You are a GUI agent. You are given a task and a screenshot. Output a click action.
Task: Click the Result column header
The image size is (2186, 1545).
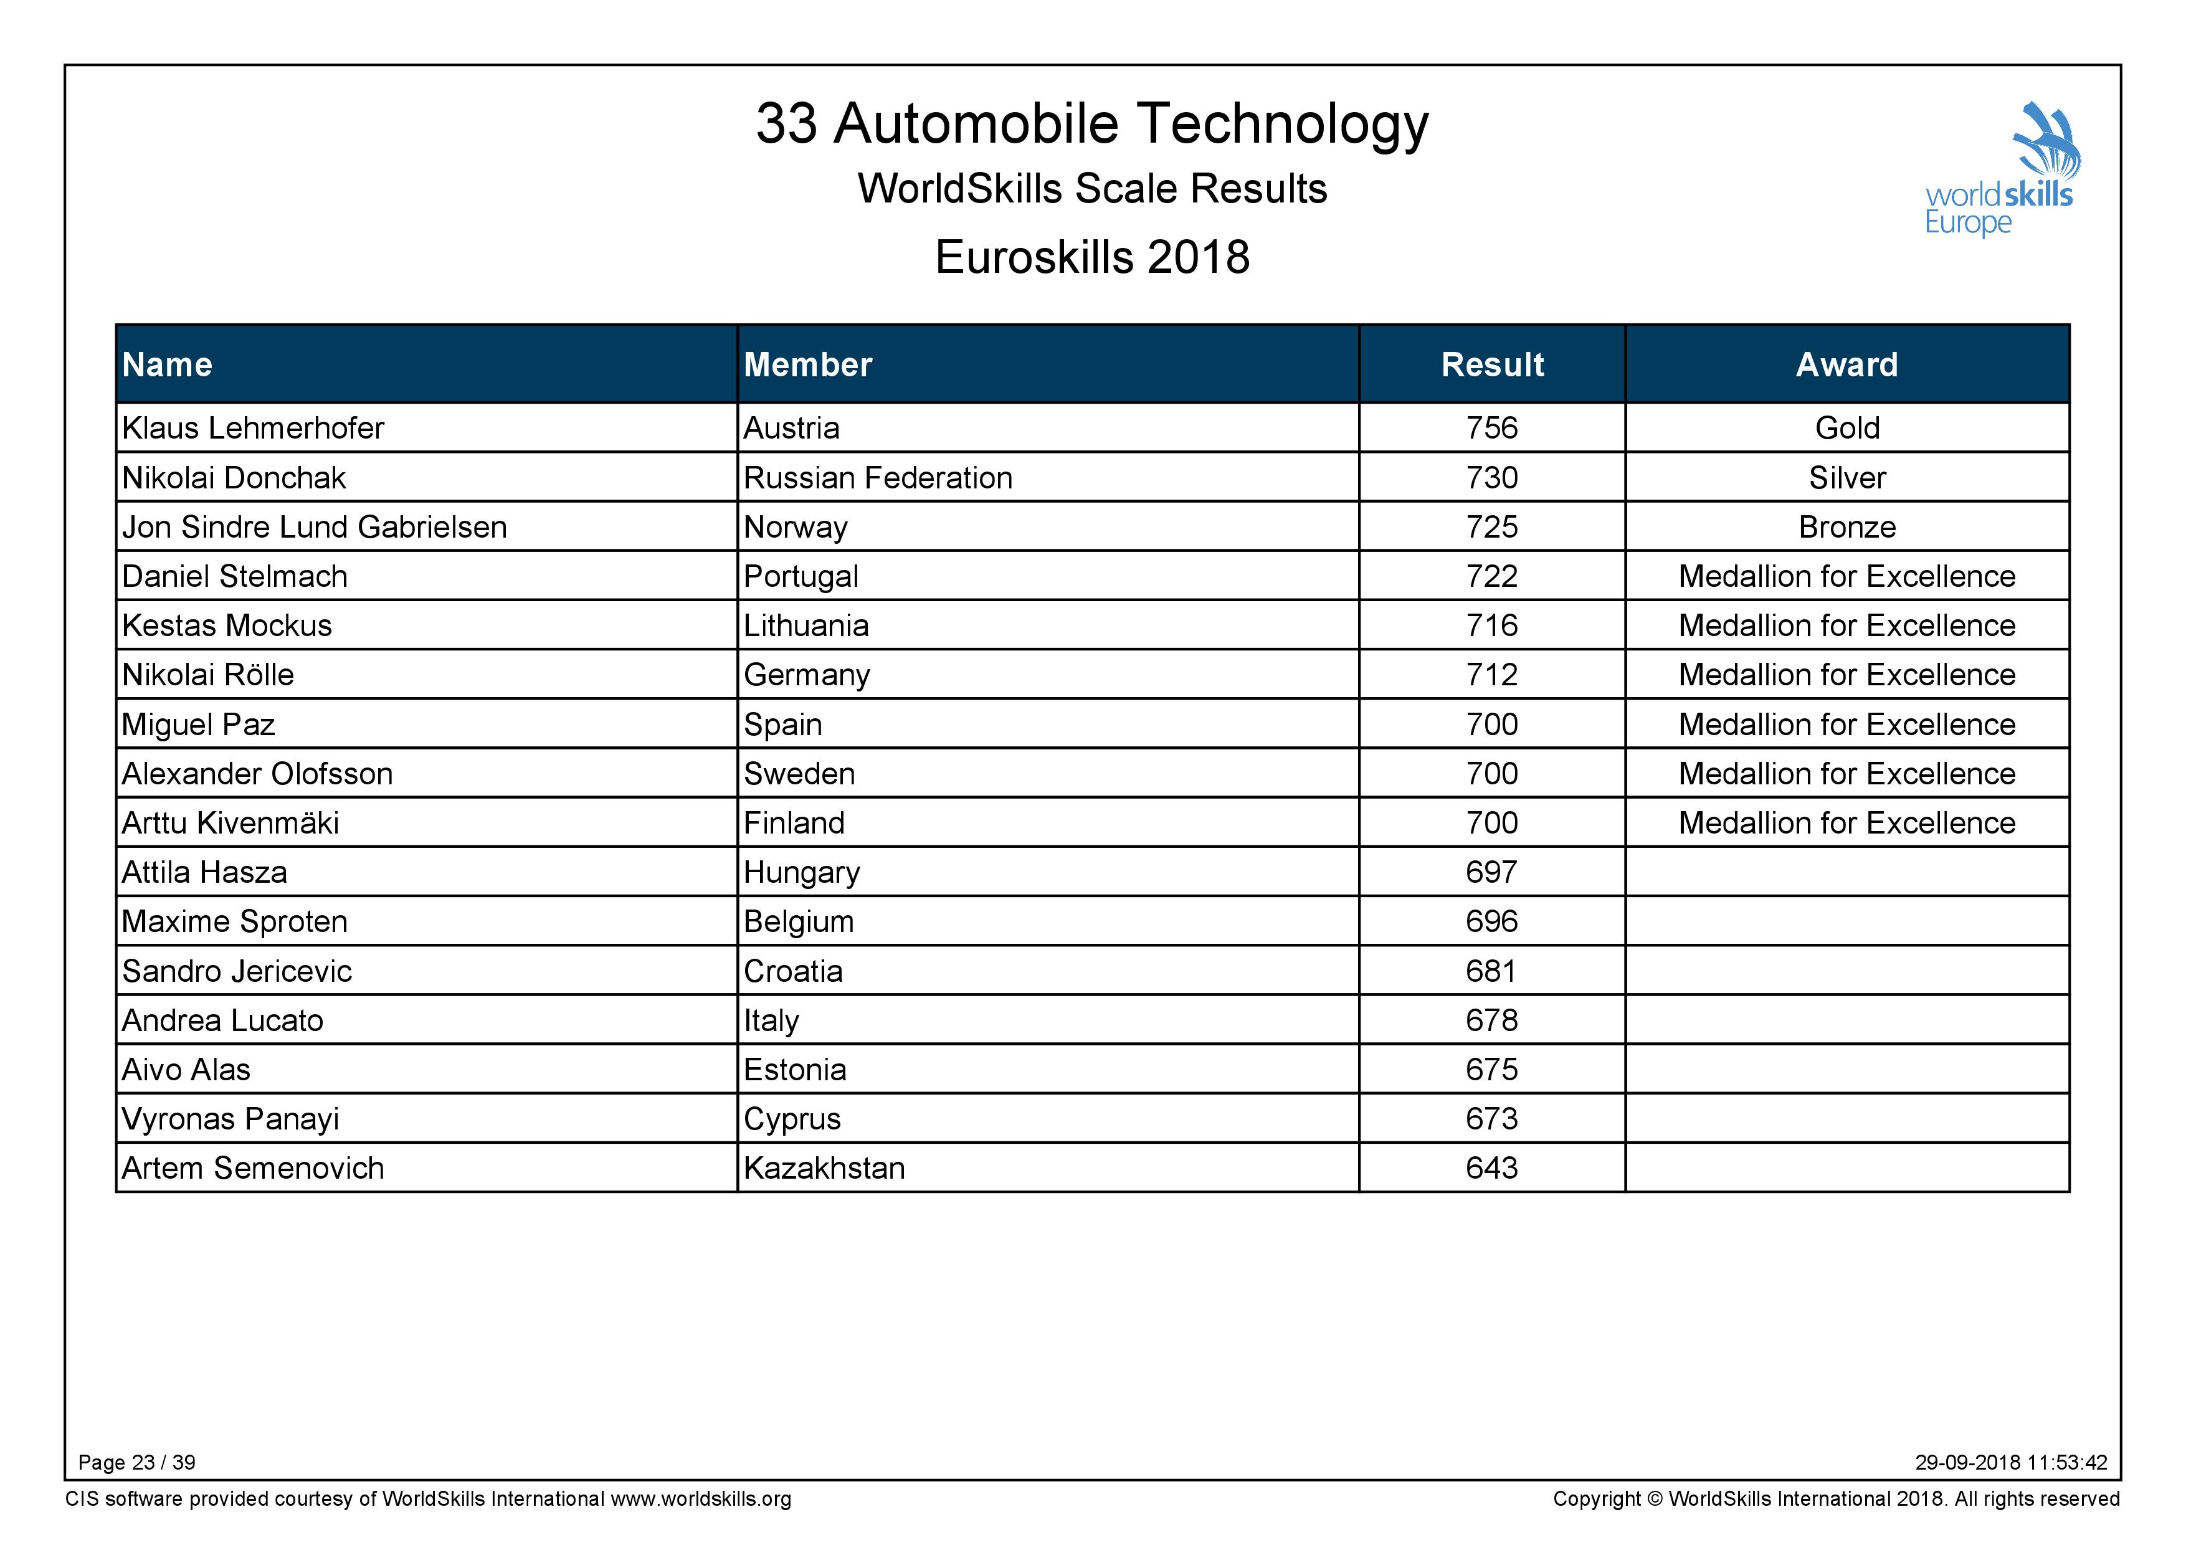pyautogui.click(x=1492, y=364)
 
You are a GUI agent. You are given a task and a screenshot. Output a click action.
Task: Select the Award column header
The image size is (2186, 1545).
pyautogui.click(x=1847, y=364)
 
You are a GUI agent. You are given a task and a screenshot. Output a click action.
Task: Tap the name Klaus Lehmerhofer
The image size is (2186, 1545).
pyautogui.click(x=254, y=429)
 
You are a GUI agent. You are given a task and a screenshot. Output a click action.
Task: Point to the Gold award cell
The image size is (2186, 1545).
pyautogui.click(x=1847, y=429)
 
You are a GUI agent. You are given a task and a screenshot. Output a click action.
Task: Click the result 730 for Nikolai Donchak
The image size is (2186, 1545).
pyautogui.click(x=1492, y=478)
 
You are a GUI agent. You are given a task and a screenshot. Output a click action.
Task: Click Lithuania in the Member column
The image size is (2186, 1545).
pyautogui.click(x=806, y=625)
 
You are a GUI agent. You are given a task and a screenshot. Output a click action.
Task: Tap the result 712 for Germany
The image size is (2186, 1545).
pyautogui.click(x=1492, y=675)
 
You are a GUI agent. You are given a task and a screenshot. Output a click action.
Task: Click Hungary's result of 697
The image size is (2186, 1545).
pyautogui.click(x=1492, y=872)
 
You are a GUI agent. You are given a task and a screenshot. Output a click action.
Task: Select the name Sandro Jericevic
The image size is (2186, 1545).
pyautogui.click(x=237, y=971)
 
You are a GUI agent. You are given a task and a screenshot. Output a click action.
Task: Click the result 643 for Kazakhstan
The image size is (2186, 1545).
pyautogui.click(x=1492, y=1168)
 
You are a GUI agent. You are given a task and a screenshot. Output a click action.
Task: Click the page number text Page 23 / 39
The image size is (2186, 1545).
pyautogui.click(x=137, y=1462)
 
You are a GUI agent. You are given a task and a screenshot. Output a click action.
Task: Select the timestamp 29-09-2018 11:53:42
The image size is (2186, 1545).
pyautogui.click(x=2012, y=1462)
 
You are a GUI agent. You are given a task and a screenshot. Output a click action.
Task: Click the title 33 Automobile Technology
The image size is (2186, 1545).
pyautogui.click(x=1092, y=124)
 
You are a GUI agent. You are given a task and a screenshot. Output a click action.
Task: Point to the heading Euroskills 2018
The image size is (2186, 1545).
pyautogui.click(x=1092, y=257)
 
